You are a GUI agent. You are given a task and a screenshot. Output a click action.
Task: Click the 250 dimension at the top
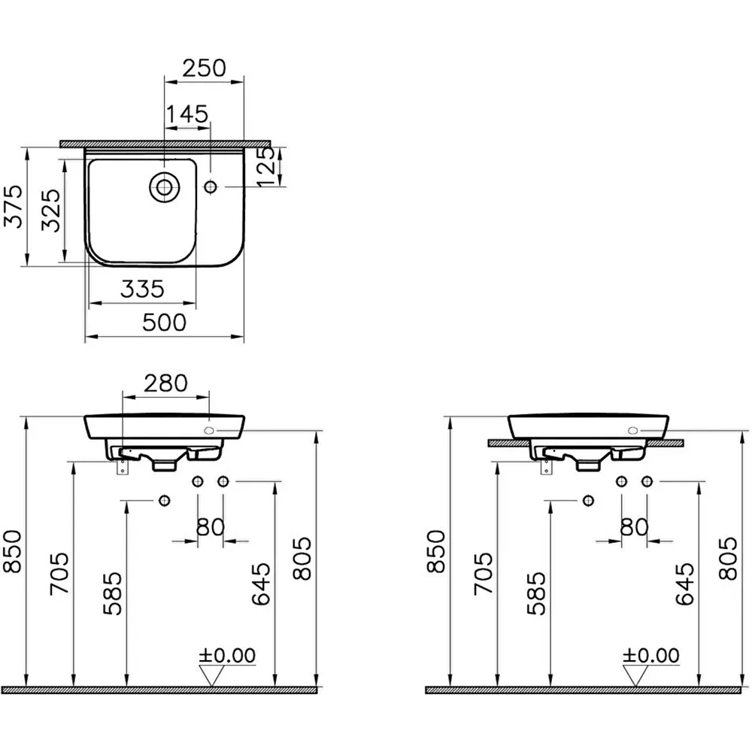pyautogui.click(x=204, y=68)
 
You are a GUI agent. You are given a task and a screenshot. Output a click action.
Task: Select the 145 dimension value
pyautogui.click(x=187, y=114)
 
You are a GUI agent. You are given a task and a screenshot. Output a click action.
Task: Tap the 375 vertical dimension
pyautogui.click(x=13, y=206)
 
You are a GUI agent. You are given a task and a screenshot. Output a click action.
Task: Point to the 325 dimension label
pyautogui.click(x=51, y=210)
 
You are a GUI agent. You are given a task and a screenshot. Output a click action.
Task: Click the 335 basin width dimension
pyautogui.click(x=142, y=290)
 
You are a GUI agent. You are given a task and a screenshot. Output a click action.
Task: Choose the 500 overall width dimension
pyautogui.click(x=164, y=323)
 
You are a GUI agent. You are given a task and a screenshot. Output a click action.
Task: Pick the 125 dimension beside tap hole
pyautogui.click(x=265, y=166)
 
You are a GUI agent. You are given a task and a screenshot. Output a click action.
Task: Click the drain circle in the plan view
pyautogui.click(x=164, y=187)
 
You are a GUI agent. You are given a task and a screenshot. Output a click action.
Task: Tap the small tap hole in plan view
pyautogui.click(x=211, y=186)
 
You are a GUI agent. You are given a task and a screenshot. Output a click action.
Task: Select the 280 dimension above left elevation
pyautogui.click(x=166, y=384)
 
